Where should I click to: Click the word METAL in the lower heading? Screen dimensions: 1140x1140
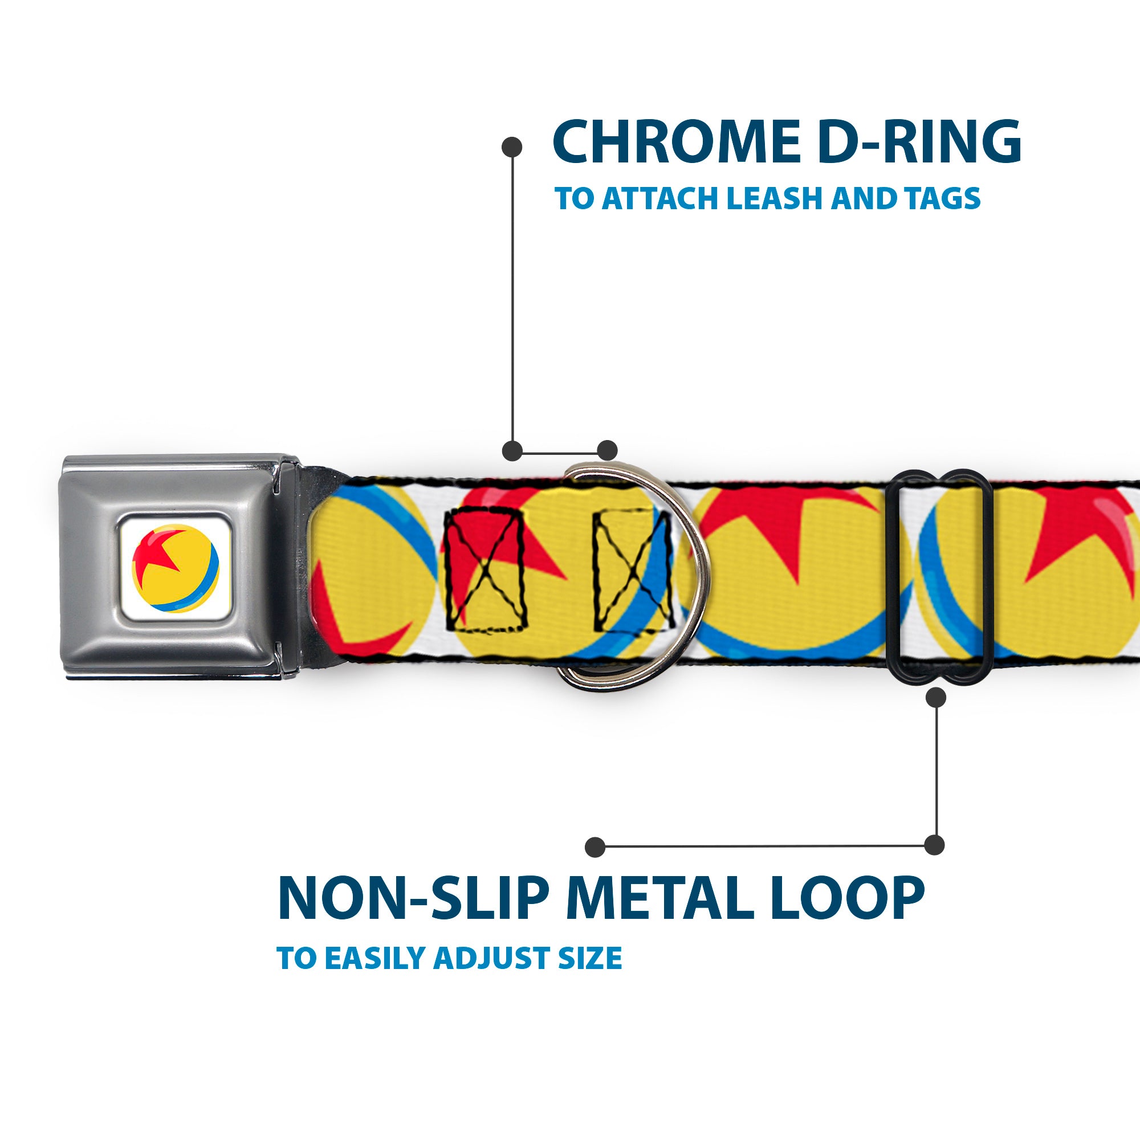coord(659,899)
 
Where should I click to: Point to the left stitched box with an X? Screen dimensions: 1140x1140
coord(484,570)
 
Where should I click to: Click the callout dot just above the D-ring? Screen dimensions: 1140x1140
coord(607,450)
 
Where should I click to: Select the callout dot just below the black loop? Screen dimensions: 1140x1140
coord(936,698)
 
